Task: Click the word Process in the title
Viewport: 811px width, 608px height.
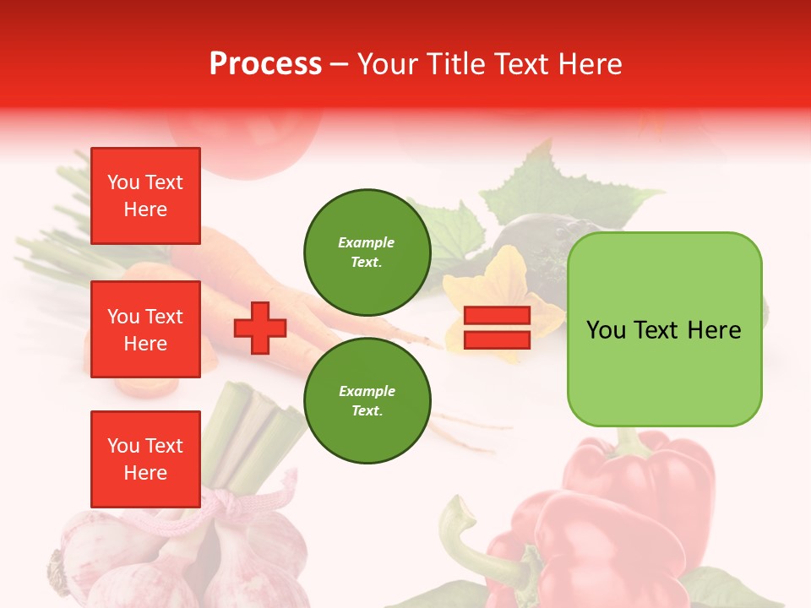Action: click(265, 64)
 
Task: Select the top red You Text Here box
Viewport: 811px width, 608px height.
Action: click(145, 196)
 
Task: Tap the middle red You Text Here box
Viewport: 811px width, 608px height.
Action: click(145, 329)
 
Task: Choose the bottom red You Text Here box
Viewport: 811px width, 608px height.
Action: click(145, 459)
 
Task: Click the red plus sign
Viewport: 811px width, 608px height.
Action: click(260, 328)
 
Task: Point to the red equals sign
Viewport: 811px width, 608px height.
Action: click(497, 328)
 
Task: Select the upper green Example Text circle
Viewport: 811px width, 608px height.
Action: click(367, 252)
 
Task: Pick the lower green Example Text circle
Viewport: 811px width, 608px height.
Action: click(367, 401)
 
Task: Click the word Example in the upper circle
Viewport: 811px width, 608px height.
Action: click(367, 242)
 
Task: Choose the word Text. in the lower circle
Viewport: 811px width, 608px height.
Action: click(367, 411)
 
